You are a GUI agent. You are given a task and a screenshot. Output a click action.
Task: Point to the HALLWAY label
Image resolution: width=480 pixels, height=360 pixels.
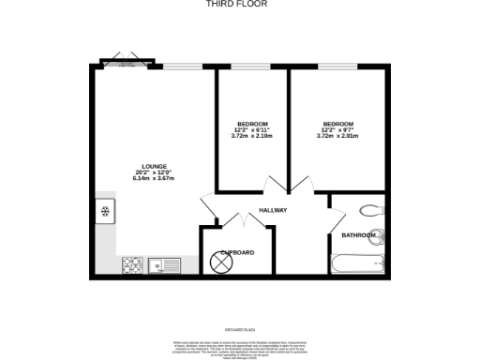[273, 210]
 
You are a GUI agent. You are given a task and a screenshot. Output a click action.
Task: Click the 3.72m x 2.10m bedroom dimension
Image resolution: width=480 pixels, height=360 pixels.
[251, 136]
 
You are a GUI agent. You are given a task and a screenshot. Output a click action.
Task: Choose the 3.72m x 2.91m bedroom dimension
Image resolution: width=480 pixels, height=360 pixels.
[337, 136]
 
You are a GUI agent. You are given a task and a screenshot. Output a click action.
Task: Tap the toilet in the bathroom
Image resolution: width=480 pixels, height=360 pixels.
[371, 210]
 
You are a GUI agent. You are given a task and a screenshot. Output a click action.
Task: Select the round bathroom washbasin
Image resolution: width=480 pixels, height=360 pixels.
[378, 234]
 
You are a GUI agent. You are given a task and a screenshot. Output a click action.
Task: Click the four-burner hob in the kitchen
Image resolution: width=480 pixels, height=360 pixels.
[132, 264]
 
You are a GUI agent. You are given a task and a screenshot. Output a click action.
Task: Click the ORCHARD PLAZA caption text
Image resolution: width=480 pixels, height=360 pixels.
[240, 329]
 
